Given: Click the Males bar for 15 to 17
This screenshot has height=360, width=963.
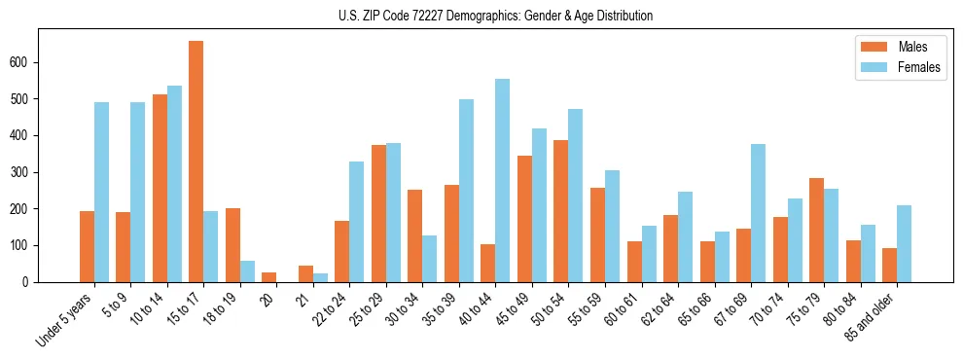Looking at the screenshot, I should click(196, 162).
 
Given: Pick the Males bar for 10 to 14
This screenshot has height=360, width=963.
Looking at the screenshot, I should click(160, 189).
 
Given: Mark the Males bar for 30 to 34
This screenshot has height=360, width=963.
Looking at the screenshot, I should click(414, 236).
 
